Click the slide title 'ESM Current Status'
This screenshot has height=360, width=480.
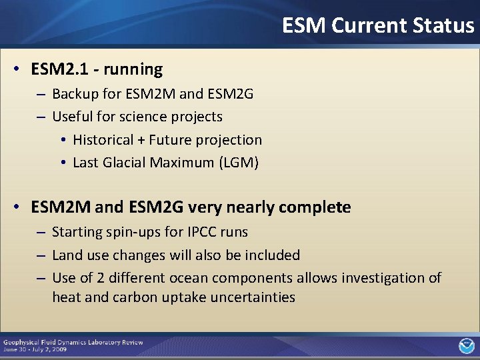pos(377,25)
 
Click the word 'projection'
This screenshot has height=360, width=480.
pos(229,140)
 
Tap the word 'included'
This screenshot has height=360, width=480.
pos(272,255)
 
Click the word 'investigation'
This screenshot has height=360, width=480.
pos(383,277)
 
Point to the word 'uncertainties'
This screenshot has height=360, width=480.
pos(253,297)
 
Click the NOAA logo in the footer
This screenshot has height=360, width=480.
pos(466,346)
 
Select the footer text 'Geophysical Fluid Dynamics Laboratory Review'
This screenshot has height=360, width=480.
pos(73,342)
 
